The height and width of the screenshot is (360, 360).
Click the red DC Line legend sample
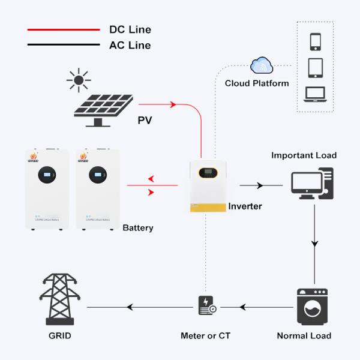tap(63, 29)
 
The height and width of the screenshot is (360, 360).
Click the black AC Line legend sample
tap(63, 45)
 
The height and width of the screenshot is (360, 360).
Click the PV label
tap(145, 121)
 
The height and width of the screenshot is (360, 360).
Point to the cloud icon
tap(262, 65)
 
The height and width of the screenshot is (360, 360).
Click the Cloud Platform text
tap(257, 83)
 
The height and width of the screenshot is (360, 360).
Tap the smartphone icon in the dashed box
tap(316, 42)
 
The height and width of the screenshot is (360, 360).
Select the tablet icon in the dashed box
tap(316, 67)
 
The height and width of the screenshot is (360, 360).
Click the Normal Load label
tap(304, 335)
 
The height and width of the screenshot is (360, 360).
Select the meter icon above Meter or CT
tap(206, 306)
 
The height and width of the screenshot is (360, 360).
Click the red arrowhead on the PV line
tap(173, 105)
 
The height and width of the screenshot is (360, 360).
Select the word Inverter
tap(245, 206)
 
